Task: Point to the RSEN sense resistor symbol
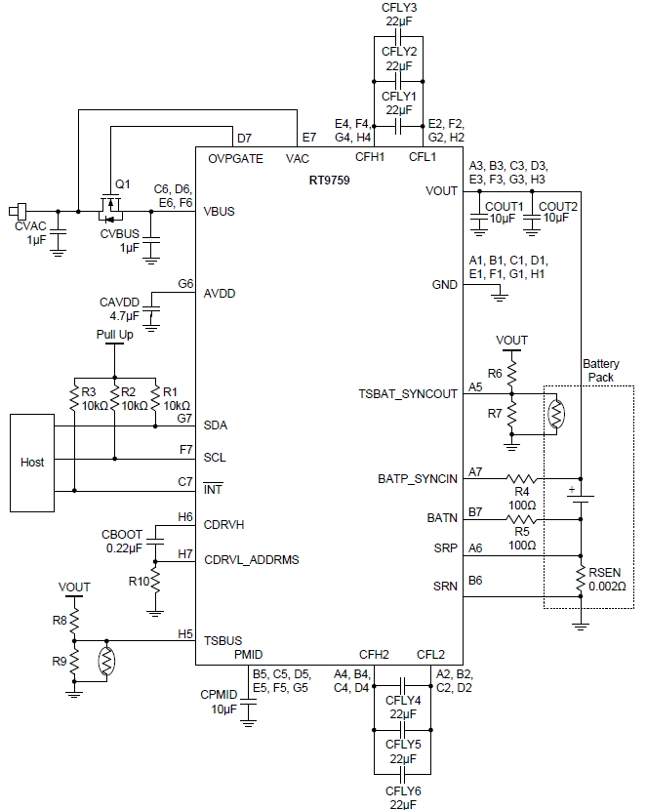[x=581, y=577]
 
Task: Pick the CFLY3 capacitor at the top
[x=398, y=37]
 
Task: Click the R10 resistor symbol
[x=155, y=583]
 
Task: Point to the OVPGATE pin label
[x=235, y=158]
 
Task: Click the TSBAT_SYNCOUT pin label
[x=407, y=393]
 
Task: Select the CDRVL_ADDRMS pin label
[x=251, y=559]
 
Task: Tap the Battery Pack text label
[x=600, y=369]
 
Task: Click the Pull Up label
[x=114, y=334]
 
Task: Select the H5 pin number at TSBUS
[x=184, y=633]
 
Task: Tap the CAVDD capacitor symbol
[x=152, y=314]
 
